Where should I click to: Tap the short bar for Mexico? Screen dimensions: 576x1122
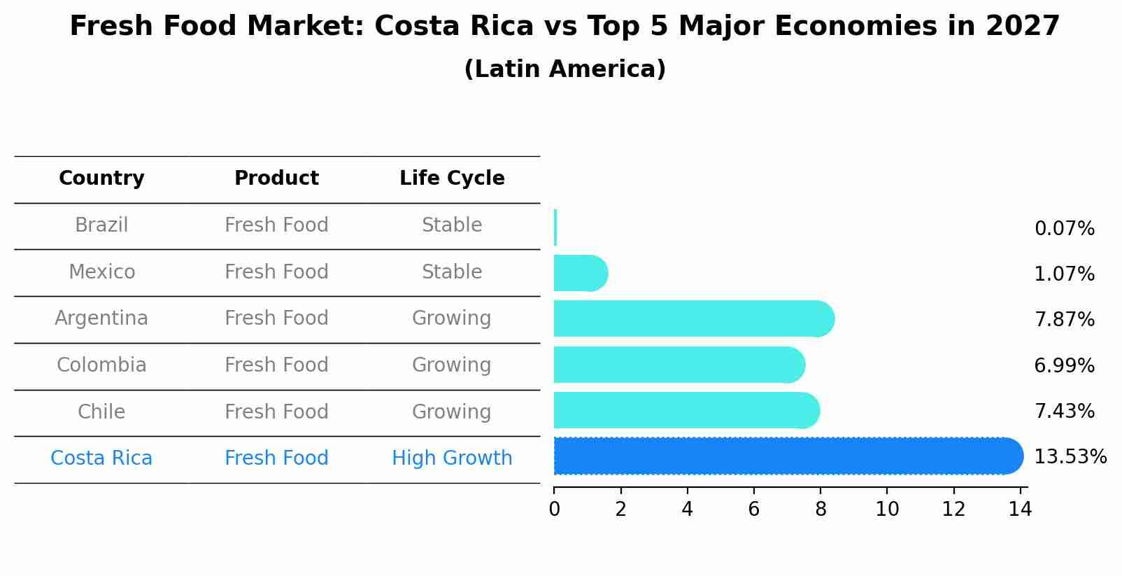[x=580, y=273]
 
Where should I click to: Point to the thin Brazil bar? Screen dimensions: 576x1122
[x=555, y=227]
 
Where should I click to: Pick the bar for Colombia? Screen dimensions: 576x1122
[x=679, y=365]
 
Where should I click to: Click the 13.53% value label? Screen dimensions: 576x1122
[x=1070, y=457]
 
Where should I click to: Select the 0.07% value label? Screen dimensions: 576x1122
[x=1064, y=229]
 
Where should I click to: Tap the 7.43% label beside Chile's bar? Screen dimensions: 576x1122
[x=1064, y=411]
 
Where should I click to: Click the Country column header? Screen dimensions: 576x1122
[x=101, y=178]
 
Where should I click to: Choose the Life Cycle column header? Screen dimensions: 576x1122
[x=452, y=178]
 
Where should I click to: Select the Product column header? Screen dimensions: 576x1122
[x=276, y=178]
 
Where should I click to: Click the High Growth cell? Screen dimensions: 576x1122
[x=452, y=458]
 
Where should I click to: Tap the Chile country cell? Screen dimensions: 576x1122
[x=101, y=412]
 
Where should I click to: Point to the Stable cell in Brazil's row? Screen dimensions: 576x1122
[x=452, y=225]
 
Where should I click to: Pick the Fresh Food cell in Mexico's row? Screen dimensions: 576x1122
[x=276, y=272]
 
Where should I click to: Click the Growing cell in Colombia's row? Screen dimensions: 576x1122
[x=452, y=365]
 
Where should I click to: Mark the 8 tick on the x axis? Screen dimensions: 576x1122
[x=821, y=509]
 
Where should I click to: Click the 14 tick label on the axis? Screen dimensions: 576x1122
[x=1020, y=509]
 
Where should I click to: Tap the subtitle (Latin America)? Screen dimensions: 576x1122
[x=564, y=69]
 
